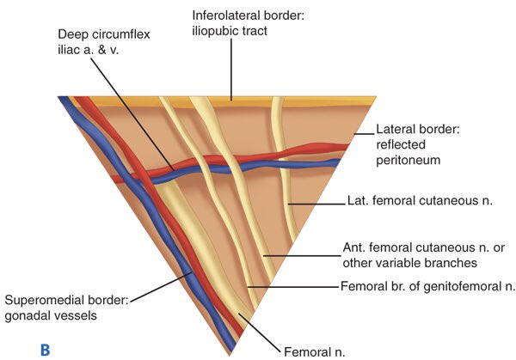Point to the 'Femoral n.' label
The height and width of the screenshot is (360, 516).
point(316,350)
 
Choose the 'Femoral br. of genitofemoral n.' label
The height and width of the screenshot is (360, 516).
point(427,287)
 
